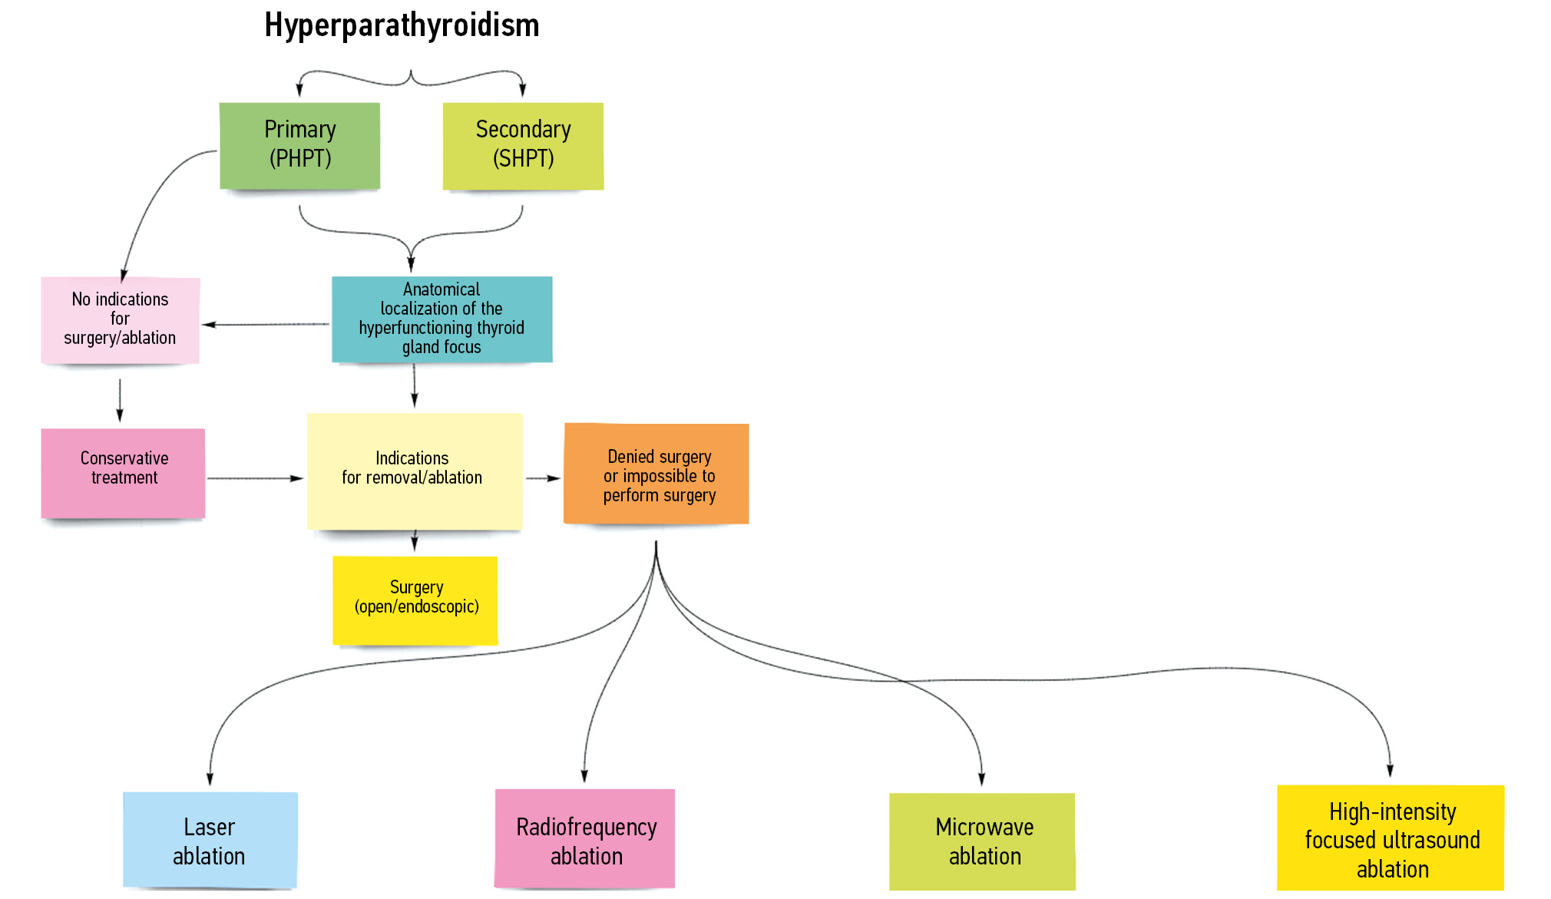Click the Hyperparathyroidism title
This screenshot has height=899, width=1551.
tap(402, 25)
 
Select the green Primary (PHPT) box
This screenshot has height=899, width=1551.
tap(299, 145)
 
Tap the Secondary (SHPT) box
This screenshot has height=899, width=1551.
tap(523, 145)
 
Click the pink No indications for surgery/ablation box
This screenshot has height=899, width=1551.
tap(121, 319)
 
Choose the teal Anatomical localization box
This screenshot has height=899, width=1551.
tap(441, 319)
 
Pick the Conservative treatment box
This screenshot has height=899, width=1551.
tap(123, 472)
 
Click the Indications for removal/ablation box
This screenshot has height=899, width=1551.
tap(415, 471)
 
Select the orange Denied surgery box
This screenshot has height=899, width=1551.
tap(656, 474)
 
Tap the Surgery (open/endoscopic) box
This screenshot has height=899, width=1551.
tap(415, 600)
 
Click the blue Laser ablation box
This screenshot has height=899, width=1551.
tap(210, 841)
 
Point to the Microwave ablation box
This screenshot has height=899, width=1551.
tap(983, 841)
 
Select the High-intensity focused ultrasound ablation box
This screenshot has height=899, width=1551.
tap(1391, 838)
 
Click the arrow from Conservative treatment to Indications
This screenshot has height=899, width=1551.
tap(255, 478)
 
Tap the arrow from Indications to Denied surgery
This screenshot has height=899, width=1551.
tap(543, 478)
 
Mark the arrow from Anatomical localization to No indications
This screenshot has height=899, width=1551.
tap(266, 324)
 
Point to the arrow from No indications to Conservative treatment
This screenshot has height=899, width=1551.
tap(120, 399)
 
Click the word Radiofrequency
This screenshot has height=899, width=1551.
tap(586, 827)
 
